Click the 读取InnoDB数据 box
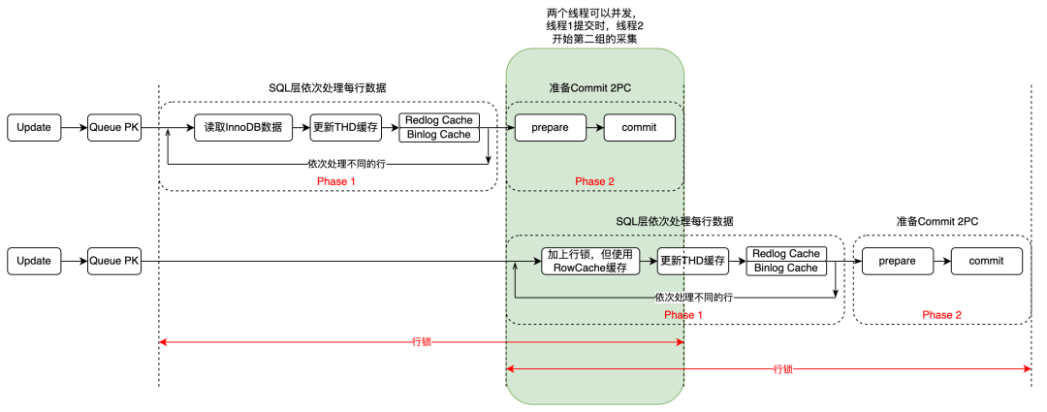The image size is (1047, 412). pos(243,127)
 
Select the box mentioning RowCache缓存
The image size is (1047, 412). pos(590,261)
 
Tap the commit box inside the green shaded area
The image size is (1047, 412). pos(639,127)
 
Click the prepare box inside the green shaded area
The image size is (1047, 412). pos(549,127)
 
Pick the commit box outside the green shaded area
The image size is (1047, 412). pos(986,261)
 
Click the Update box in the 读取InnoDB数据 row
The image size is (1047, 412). pos(34,127)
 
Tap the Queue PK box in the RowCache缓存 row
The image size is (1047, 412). pos(115,261)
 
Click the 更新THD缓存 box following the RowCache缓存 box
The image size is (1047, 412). pos(692,261)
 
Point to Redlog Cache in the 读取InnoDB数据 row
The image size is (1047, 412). pos(439,120)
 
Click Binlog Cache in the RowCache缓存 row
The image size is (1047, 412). pos(785,268)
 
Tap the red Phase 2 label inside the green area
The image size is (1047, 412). pos(594,181)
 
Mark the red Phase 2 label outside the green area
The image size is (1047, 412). pos(941,315)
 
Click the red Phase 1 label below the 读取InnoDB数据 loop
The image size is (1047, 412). pos(337,181)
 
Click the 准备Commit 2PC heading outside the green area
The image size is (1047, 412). pos(936,221)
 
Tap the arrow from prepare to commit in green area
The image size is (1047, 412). pos(593,127)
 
